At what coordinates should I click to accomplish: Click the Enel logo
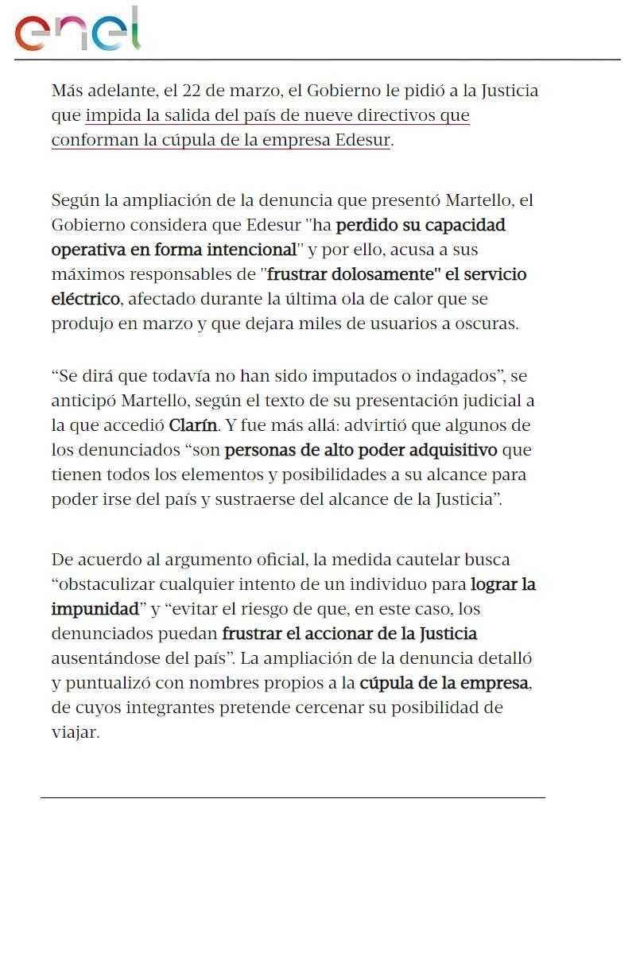click(77, 29)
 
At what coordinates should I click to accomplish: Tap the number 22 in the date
click(191, 91)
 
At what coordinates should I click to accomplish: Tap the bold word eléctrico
click(86, 300)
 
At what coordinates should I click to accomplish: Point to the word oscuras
click(489, 324)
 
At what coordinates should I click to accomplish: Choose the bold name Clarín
click(192, 425)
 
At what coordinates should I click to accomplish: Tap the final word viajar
click(75, 733)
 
